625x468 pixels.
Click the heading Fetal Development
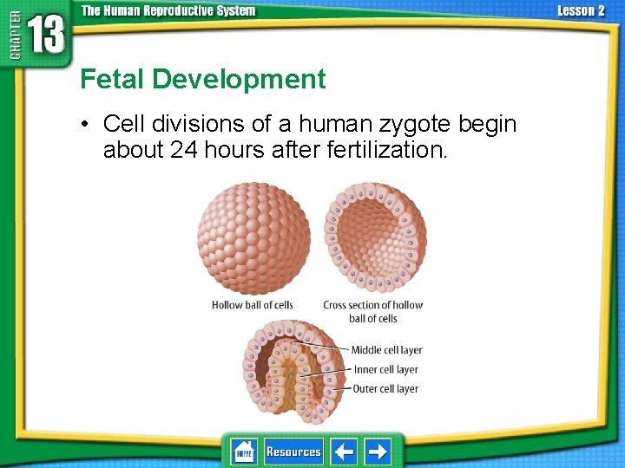click(x=202, y=80)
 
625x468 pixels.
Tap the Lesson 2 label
click(x=581, y=11)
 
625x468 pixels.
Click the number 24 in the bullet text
click(x=183, y=150)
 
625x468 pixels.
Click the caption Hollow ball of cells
click(x=252, y=305)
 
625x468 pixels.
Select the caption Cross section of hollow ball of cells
click(x=373, y=311)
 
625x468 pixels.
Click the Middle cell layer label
click(x=386, y=350)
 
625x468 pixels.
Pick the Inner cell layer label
click(x=385, y=369)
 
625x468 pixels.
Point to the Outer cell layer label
click(x=385, y=389)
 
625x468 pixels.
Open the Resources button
click(x=293, y=452)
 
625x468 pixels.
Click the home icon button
click(x=244, y=452)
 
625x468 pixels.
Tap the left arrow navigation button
click(x=345, y=452)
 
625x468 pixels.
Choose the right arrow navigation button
click(x=378, y=452)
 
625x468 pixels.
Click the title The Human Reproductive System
click(x=168, y=11)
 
